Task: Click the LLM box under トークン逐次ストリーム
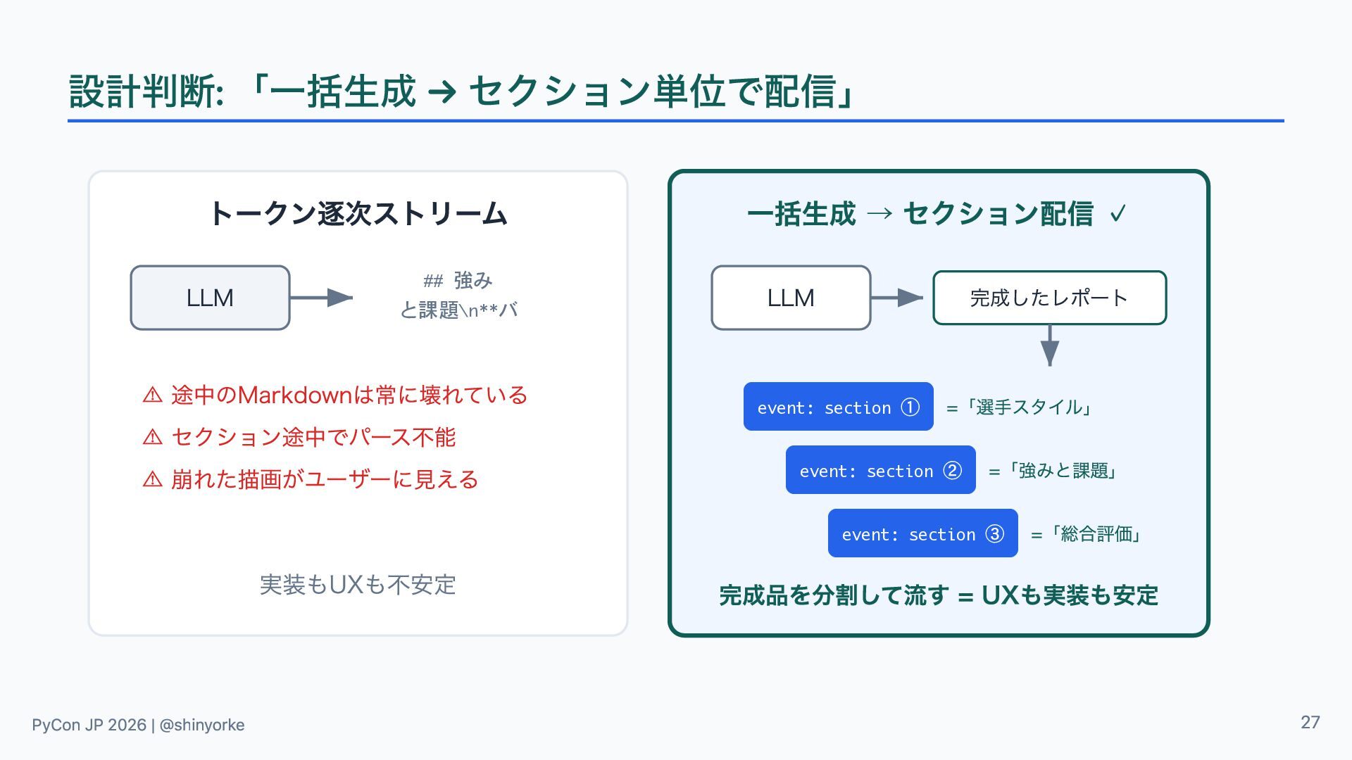tap(210, 298)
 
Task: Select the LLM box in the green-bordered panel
tap(791, 298)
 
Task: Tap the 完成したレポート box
tap(1049, 298)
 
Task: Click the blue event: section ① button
tap(838, 407)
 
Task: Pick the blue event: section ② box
tap(880, 470)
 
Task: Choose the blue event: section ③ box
tap(922, 533)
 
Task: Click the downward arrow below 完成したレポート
tap(1049, 346)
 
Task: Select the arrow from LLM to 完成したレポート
tap(897, 298)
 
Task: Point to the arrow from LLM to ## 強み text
tap(321, 298)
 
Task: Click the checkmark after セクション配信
tap(1118, 213)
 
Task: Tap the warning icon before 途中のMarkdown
tap(152, 395)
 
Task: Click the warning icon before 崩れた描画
tap(152, 479)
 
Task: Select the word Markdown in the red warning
tap(295, 395)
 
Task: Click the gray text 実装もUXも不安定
tap(358, 585)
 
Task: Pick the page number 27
tap(1310, 723)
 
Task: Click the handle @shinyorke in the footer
tap(202, 725)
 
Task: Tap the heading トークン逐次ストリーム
tap(358, 213)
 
